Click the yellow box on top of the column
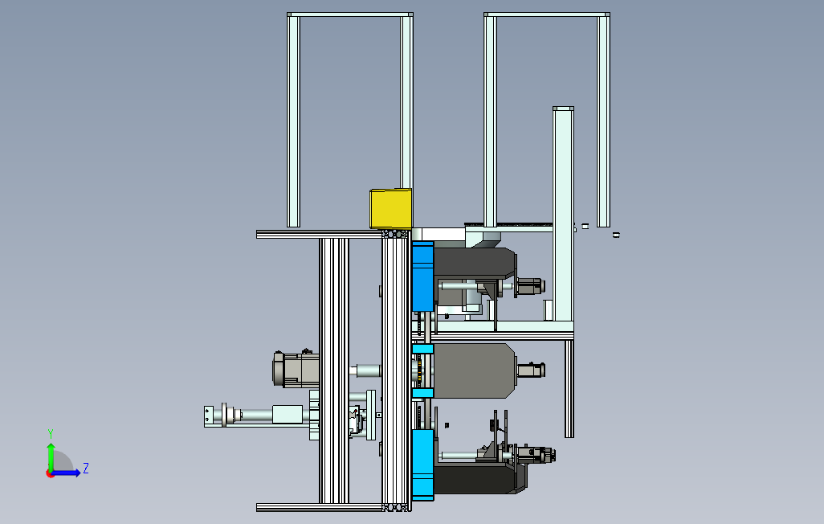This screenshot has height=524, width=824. coord(390,209)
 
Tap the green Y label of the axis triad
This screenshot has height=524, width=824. coord(51,434)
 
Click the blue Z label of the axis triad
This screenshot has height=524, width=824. coord(86,469)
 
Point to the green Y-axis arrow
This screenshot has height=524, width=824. coord(51,456)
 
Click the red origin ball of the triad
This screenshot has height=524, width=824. coord(50,474)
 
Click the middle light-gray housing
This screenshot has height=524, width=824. coord(474,370)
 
